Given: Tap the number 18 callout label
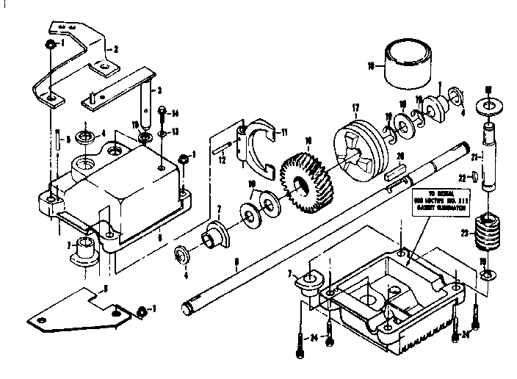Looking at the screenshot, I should pos(370,65).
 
